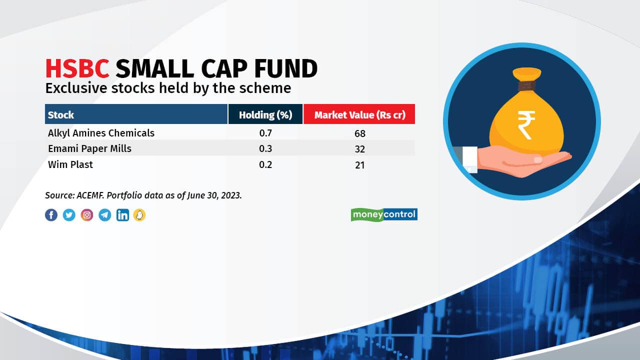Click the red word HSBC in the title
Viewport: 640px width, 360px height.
pyautogui.click(x=77, y=68)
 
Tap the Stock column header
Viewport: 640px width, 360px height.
pyautogui.click(x=61, y=115)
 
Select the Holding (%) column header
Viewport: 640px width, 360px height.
pyautogui.click(x=265, y=115)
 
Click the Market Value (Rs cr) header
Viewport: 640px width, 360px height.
pyautogui.click(x=359, y=115)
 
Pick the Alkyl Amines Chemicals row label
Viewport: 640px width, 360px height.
pyautogui.click(x=101, y=133)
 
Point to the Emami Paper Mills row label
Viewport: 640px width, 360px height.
pyautogui.click(x=89, y=149)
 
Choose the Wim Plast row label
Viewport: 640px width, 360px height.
pyautogui.click(x=70, y=164)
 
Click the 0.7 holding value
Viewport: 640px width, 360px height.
pyautogui.click(x=265, y=133)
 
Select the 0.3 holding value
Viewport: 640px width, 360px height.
pyautogui.click(x=265, y=149)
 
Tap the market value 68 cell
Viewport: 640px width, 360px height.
pyautogui.click(x=359, y=133)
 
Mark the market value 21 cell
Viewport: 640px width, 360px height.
pyautogui.click(x=359, y=165)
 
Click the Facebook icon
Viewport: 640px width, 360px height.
pyautogui.click(x=51, y=215)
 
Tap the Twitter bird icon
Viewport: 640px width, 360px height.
pyautogui.click(x=69, y=215)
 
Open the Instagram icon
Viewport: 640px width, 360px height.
pyautogui.click(x=87, y=215)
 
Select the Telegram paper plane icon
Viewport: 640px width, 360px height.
pyautogui.click(x=105, y=215)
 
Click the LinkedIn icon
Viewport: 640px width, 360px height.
pyautogui.click(x=122, y=215)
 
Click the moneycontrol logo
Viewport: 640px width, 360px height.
pyautogui.click(x=384, y=214)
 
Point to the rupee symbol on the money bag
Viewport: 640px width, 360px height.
pyautogui.click(x=526, y=125)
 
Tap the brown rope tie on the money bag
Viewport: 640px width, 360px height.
pyautogui.click(x=527, y=85)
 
